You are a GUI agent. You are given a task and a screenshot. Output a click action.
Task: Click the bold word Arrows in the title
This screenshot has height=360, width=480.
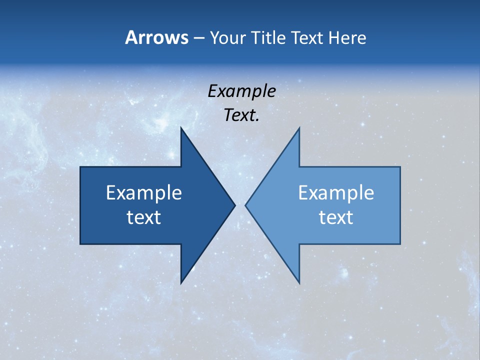[156, 37]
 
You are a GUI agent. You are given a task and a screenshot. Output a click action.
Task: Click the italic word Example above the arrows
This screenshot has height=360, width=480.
[241, 91]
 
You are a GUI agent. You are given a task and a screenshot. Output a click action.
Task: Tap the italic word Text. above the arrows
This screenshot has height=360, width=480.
[241, 115]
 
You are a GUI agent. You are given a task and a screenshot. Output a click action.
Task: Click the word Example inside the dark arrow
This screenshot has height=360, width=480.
[144, 192]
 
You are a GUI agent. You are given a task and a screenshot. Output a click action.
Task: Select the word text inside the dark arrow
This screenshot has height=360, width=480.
[144, 217]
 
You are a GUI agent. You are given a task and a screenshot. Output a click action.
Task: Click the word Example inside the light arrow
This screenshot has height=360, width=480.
[336, 192]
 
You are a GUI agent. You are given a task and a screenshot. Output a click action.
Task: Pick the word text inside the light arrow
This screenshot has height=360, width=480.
[336, 217]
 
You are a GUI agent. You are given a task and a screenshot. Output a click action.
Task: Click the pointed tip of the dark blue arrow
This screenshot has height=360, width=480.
[235, 205]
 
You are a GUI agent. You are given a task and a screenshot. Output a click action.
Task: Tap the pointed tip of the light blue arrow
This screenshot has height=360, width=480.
[245, 205]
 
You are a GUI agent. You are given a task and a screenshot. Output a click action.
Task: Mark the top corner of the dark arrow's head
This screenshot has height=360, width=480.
[181, 127]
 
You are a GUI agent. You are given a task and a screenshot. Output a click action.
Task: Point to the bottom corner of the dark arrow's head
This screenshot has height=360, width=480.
[181, 283]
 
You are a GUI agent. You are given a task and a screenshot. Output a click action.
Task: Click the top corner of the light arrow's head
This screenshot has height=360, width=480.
[299, 127]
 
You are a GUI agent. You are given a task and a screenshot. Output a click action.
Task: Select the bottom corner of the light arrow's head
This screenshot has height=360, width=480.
[299, 283]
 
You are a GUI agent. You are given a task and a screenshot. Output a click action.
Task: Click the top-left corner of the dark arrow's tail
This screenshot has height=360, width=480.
[80, 167]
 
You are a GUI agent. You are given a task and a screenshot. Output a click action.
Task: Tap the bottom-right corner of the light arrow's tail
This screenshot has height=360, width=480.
[400, 244]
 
